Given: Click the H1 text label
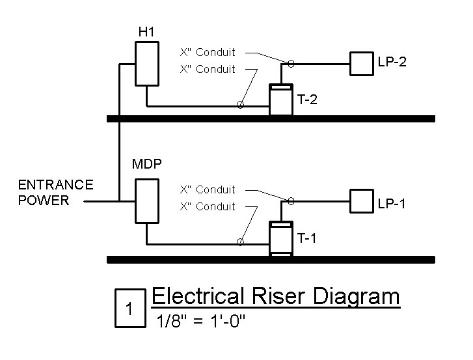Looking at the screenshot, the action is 146,32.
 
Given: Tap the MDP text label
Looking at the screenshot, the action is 147,164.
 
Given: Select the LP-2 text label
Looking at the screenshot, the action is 392,62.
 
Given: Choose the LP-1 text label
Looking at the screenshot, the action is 392,204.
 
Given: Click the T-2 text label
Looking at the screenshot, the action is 307,100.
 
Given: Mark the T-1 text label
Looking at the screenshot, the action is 307,238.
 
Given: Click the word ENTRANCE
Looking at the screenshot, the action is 56,185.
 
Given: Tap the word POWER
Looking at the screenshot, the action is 44,201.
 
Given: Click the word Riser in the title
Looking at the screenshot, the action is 278,296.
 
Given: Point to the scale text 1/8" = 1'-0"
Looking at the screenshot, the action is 200,320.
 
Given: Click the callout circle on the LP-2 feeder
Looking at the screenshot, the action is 291,64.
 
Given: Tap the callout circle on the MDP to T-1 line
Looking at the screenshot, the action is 240,242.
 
